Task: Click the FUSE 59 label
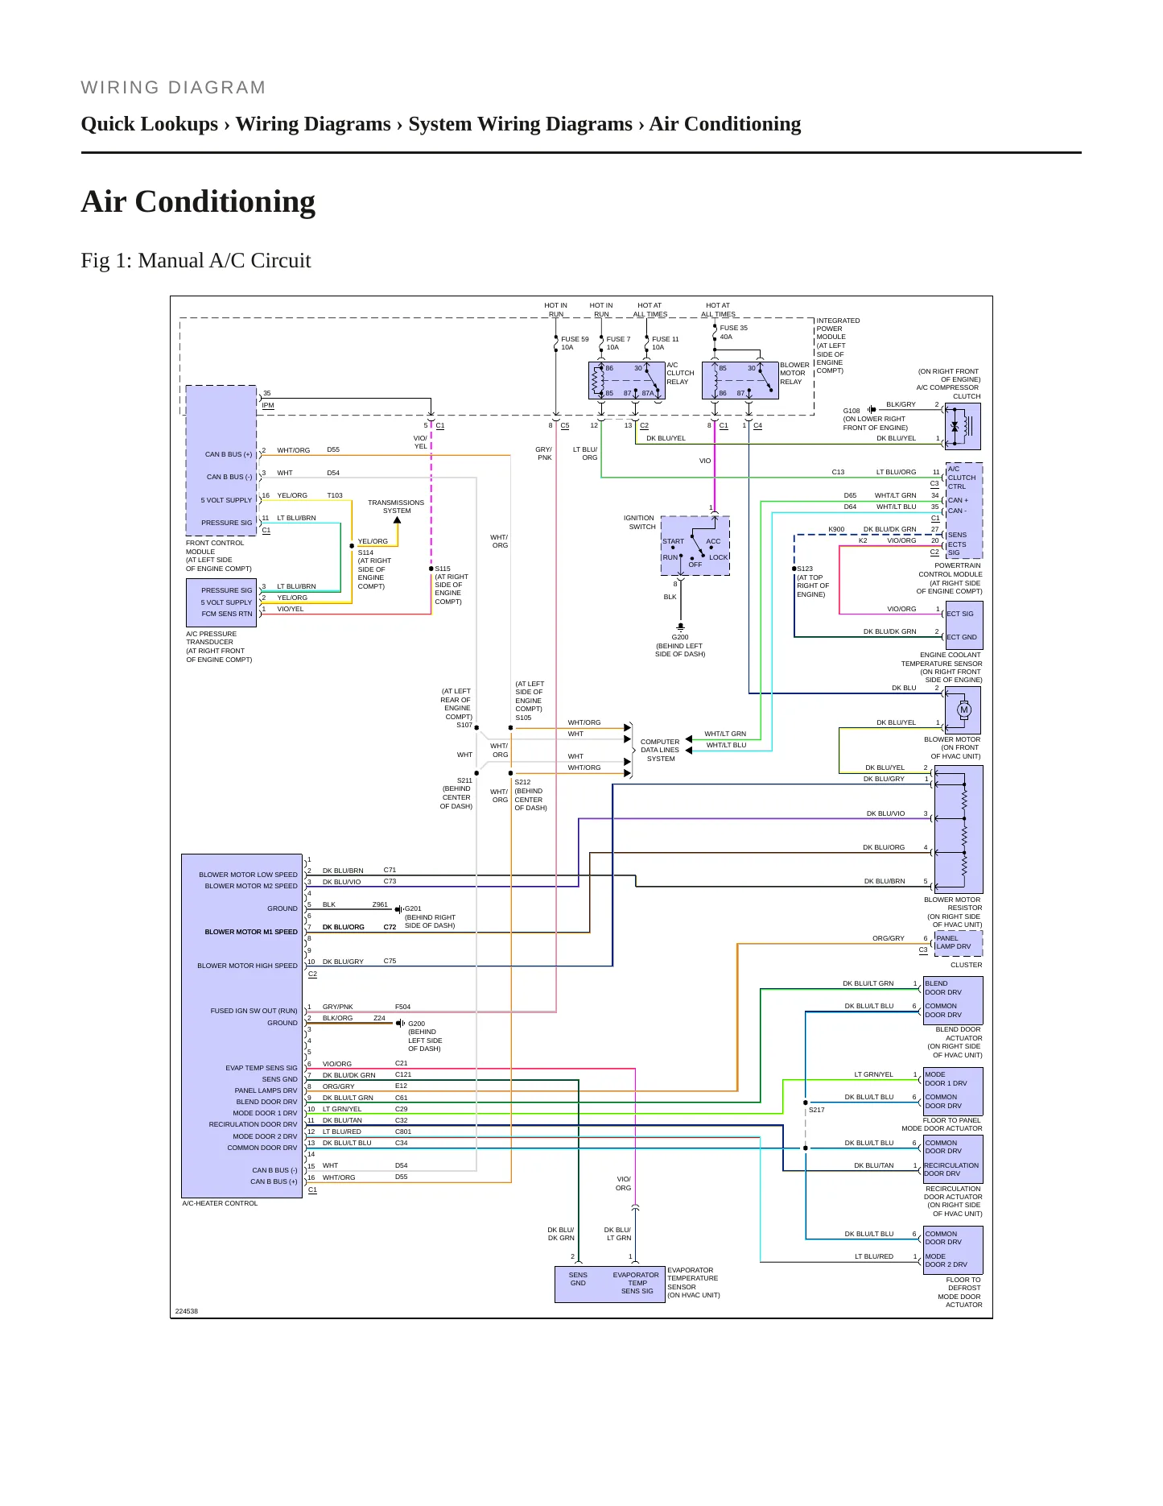(x=575, y=339)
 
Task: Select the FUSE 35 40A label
(x=733, y=333)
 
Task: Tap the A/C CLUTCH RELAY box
(x=627, y=380)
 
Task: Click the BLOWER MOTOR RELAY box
(x=740, y=380)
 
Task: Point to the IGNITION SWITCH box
(x=695, y=545)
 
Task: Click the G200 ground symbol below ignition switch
(x=681, y=627)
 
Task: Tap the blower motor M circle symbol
(x=964, y=710)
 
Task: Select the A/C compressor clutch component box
(x=963, y=426)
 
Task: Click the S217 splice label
(x=816, y=1110)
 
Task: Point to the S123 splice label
(x=805, y=569)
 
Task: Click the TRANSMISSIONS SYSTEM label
(x=396, y=507)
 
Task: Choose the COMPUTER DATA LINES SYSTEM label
(x=660, y=750)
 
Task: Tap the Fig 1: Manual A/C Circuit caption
(x=196, y=260)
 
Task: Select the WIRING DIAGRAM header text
(x=173, y=88)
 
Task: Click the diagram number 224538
(x=187, y=1311)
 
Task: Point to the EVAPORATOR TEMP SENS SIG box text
(x=636, y=1283)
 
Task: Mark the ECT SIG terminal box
(x=963, y=614)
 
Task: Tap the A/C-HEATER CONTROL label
(x=220, y=1203)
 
